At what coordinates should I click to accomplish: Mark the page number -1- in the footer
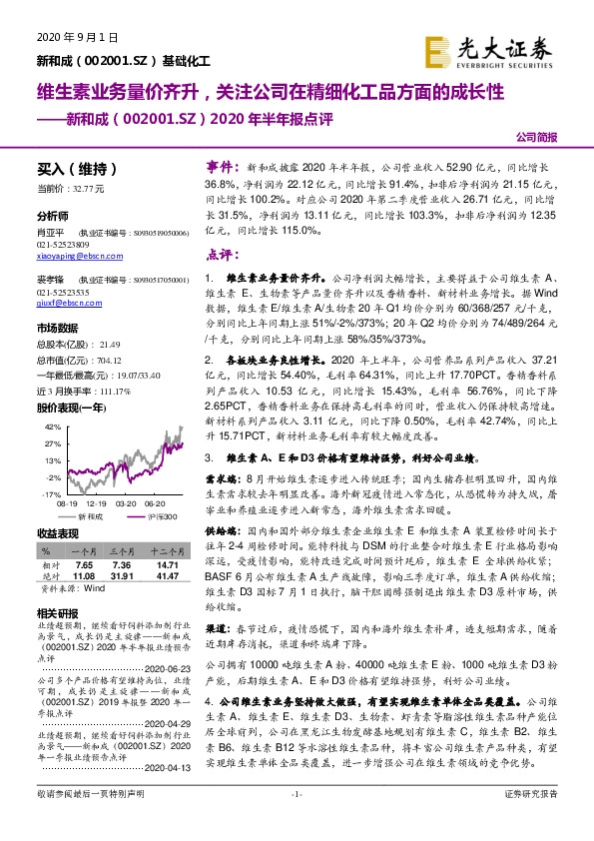click(x=297, y=820)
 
